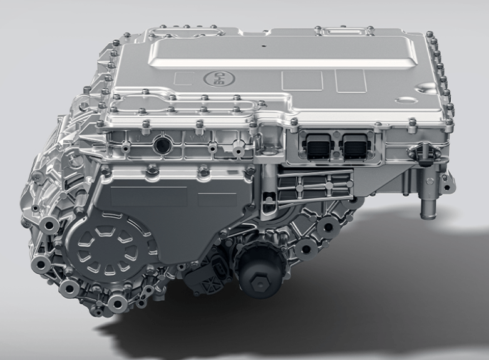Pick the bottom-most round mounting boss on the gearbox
pos(117,304)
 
